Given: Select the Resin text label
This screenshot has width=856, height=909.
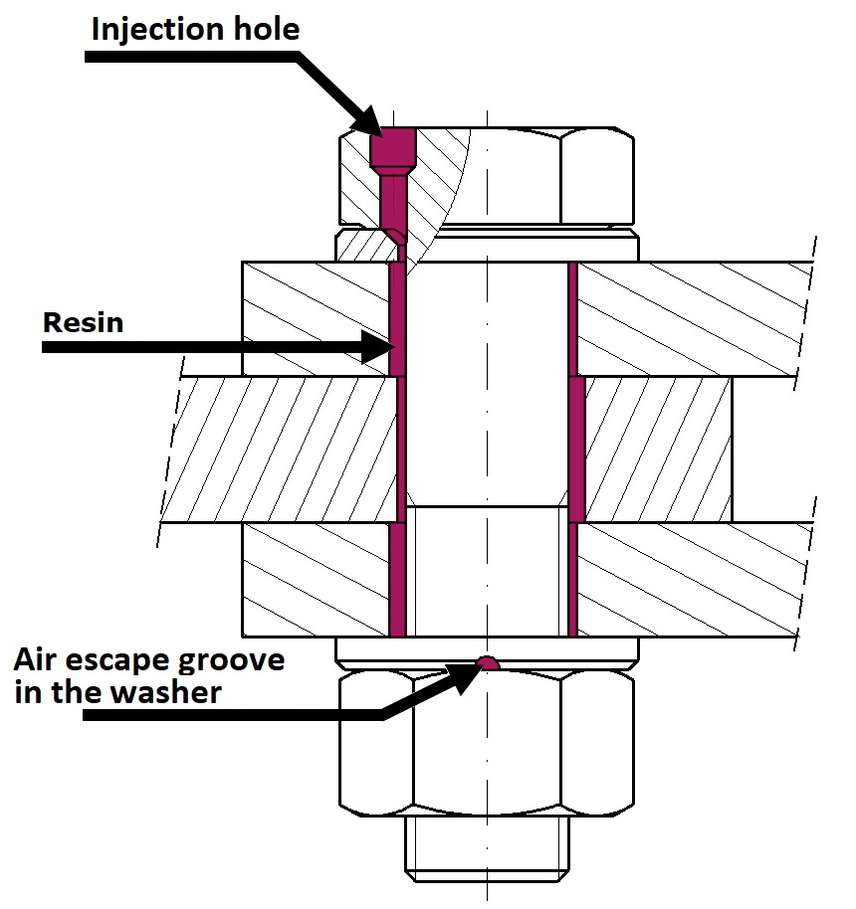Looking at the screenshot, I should click(x=83, y=322).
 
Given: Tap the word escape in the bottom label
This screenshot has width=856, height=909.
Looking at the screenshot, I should click(x=130, y=659).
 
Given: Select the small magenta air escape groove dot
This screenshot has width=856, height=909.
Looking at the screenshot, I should click(x=486, y=662).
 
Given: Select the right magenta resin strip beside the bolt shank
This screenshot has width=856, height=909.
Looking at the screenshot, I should click(x=574, y=448).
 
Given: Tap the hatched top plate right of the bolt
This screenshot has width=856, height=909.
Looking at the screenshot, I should click(x=687, y=318).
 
